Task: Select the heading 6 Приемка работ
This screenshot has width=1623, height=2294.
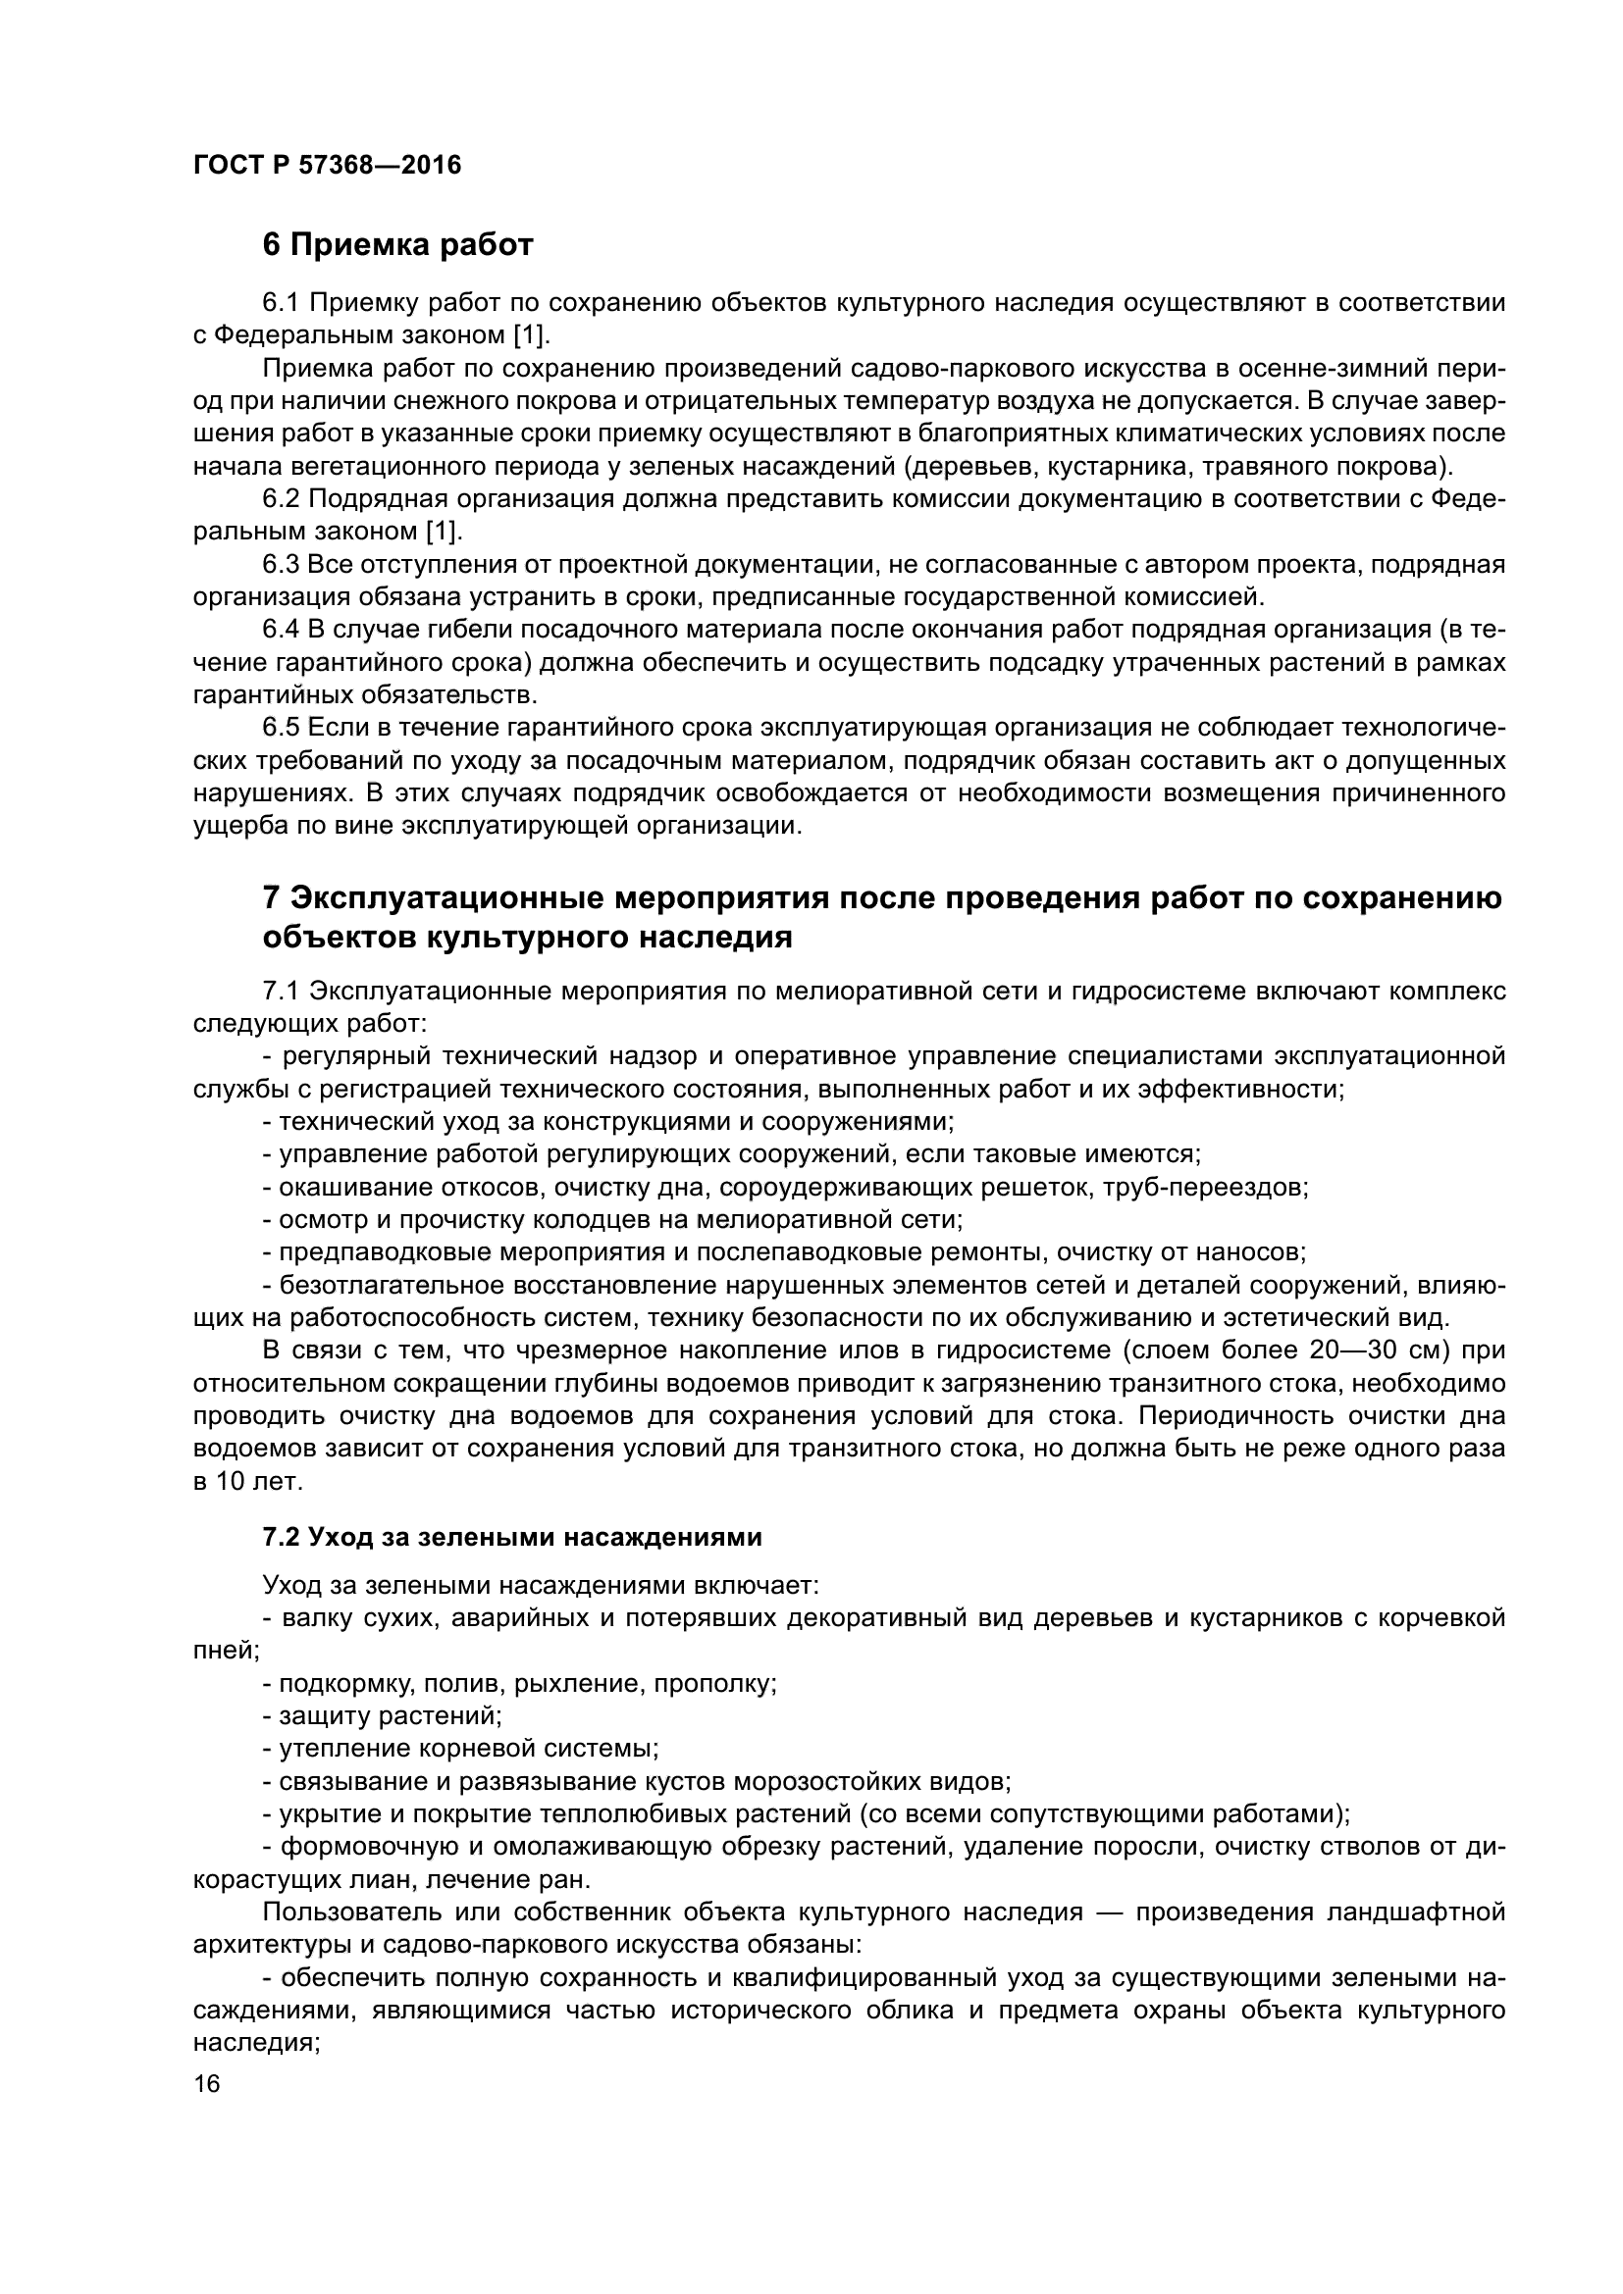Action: [x=397, y=245]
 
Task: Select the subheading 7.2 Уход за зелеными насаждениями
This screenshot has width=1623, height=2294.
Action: [x=511, y=1538]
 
